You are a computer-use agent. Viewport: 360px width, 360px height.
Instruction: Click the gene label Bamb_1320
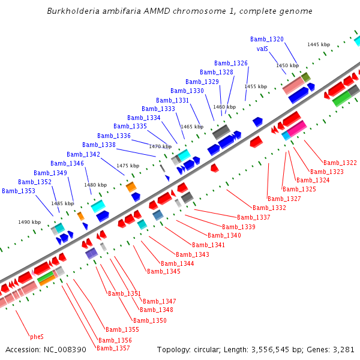tap(267, 39)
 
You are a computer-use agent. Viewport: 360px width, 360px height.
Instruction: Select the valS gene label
tap(262, 49)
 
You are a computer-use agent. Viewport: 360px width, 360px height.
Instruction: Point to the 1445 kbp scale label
tap(319, 44)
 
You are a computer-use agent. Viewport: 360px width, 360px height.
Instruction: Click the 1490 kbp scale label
tap(29, 222)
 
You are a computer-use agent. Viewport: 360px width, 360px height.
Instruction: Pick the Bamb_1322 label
tap(340, 163)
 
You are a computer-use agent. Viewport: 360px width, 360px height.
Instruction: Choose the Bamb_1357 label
tap(113, 348)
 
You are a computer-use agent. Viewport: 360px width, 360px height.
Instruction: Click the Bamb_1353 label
tap(19, 191)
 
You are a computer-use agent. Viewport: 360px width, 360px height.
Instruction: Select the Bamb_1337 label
tap(254, 217)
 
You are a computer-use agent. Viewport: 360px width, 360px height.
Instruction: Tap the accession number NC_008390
tap(65, 349)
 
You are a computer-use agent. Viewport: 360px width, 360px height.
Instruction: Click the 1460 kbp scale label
tap(224, 107)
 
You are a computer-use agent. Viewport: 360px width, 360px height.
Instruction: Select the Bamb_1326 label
tap(231, 63)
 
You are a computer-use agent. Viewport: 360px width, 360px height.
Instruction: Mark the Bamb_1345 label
tap(164, 271)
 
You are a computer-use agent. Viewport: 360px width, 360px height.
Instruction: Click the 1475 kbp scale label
tap(128, 166)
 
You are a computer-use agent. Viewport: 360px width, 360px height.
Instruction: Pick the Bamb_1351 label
tap(124, 293)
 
